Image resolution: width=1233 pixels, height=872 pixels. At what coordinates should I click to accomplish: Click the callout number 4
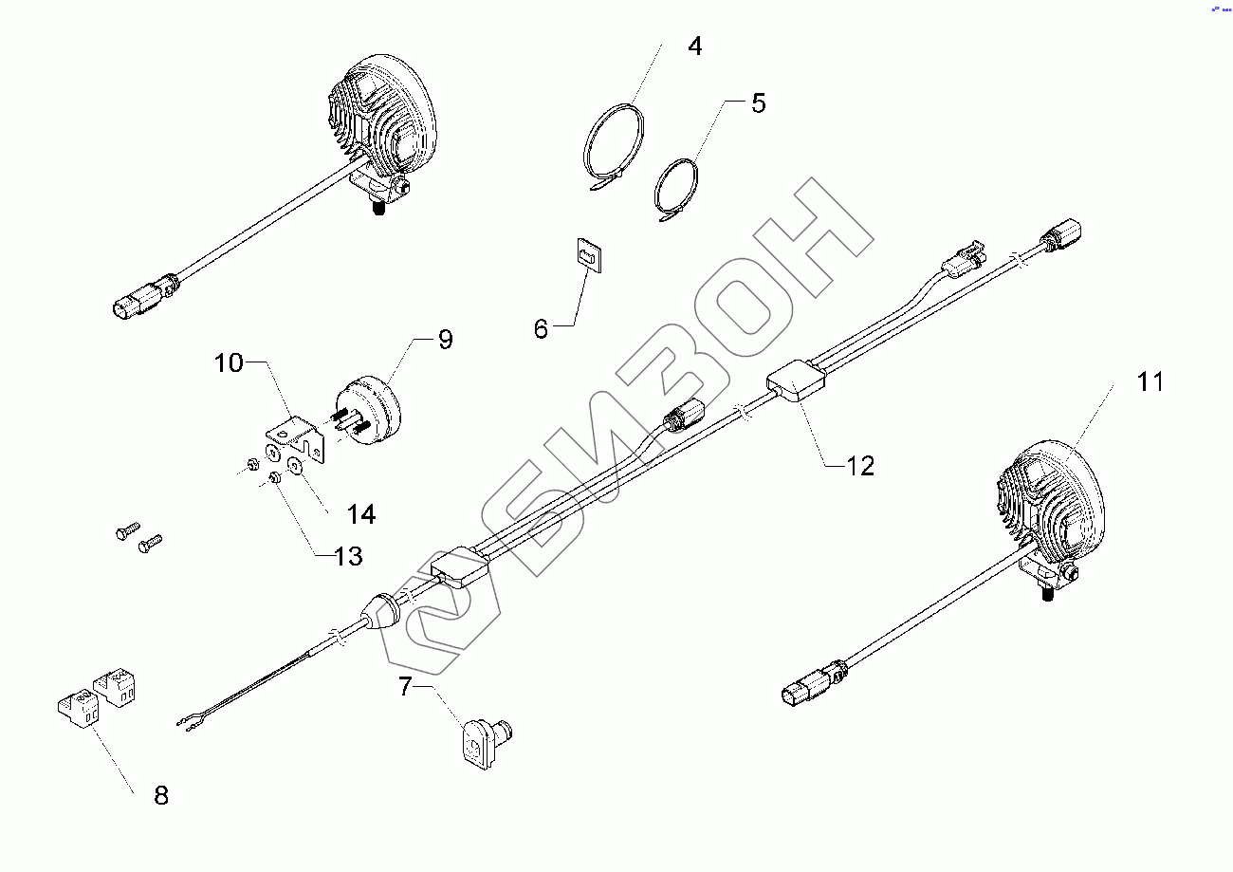[x=694, y=46]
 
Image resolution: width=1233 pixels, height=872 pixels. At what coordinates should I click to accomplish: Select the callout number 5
[x=758, y=103]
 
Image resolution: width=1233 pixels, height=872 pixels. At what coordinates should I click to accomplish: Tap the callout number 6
[x=541, y=329]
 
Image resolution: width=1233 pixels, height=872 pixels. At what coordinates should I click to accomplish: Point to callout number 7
[x=406, y=686]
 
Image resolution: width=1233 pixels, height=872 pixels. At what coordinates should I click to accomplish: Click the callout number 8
[x=161, y=795]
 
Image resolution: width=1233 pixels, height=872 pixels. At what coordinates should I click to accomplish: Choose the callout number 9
[x=445, y=340]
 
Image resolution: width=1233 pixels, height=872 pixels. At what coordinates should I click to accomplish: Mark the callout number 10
[x=228, y=362]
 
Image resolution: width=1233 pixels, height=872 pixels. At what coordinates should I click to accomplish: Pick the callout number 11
[x=1150, y=382]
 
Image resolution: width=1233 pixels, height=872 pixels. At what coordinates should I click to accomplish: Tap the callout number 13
[x=348, y=556]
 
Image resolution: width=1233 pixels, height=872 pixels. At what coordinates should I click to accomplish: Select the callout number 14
[x=360, y=514]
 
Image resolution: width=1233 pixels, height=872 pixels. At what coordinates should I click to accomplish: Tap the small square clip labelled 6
[x=590, y=254]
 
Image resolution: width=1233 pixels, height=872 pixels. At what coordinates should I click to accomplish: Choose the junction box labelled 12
[x=797, y=383]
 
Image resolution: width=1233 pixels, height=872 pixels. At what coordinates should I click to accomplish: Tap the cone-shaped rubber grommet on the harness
[x=385, y=613]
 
